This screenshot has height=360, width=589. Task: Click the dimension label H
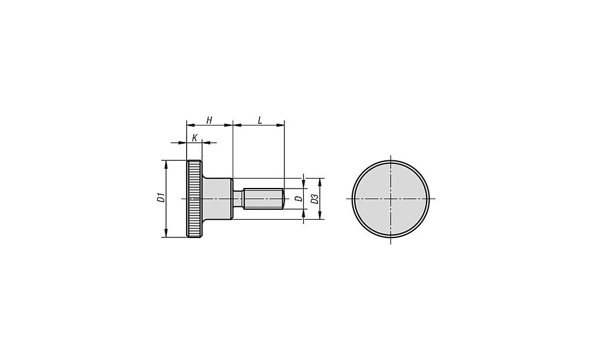click(210, 120)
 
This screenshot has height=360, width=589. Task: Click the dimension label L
click(260, 120)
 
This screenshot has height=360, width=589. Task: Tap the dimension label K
click(194, 138)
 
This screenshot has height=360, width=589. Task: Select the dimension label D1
click(161, 197)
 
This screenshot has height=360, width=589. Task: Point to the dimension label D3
click(315, 199)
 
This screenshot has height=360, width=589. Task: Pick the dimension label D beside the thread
click(299, 199)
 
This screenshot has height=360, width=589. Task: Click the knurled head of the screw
click(194, 199)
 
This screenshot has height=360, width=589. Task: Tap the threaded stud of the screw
click(263, 198)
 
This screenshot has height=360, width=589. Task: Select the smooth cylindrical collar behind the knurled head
click(218, 198)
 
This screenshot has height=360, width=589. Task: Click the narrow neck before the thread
click(238, 198)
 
